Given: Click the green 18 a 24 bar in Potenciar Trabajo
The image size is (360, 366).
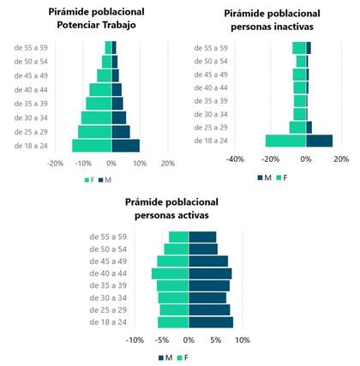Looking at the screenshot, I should (92, 146).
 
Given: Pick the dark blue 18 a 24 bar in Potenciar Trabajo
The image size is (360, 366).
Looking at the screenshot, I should (125, 146).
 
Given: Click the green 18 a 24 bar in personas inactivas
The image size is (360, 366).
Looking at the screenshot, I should (285, 141).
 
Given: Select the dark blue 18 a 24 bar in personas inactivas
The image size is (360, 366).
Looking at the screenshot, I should (319, 141).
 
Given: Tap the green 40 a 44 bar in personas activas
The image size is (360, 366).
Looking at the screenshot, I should (170, 273).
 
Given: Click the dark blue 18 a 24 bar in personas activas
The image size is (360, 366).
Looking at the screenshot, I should (210, 322).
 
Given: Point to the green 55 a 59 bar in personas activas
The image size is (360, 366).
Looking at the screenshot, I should (178, 237).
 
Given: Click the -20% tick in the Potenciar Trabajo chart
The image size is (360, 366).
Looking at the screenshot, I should (55, 163).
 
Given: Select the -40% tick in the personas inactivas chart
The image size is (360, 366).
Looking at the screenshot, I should (237, 159).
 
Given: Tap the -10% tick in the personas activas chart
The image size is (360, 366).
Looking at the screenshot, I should (135, 340).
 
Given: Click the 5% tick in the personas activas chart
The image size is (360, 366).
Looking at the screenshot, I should (215, 340).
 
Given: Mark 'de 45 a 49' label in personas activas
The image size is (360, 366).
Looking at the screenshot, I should (109, 261).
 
